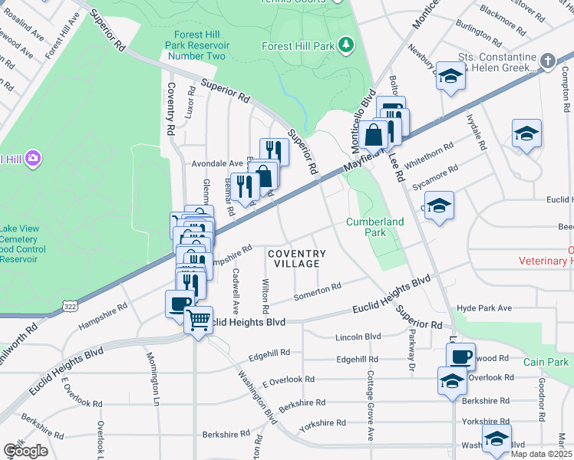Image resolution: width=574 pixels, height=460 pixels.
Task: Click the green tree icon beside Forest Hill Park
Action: point(346,46)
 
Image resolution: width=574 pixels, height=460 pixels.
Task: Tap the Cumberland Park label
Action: point(374,227)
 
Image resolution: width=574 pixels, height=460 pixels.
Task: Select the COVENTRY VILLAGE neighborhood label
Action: point(297,258)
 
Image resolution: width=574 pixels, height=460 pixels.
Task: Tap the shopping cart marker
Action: point(200,318)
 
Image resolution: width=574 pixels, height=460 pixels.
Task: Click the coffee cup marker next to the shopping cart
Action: point(180,303)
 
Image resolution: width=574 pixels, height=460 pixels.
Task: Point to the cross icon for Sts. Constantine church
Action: point(548,61)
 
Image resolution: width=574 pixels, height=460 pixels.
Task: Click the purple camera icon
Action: point(33,159)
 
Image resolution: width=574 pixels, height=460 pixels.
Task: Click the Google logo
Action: point(25,451)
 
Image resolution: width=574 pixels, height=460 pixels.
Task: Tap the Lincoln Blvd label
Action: point(358,337)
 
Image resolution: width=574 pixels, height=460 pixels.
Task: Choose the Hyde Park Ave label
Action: point(483,308)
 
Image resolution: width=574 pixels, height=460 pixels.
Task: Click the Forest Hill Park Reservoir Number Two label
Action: point(194,45)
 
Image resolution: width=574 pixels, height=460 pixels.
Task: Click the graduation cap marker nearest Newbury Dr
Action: point(451,77)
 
